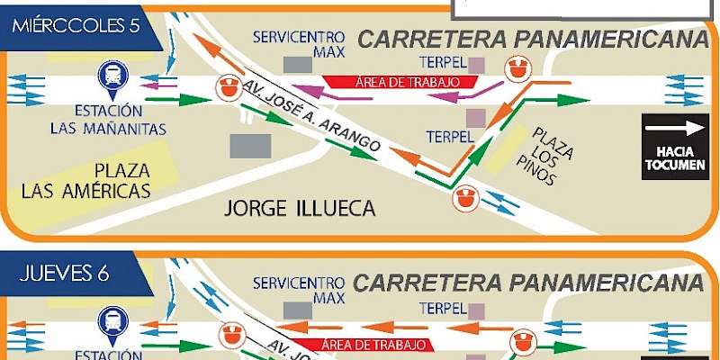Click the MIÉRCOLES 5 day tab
pyautogui.click(x=76, y=25)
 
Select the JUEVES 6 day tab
pyautogui.click(x=65, y=274)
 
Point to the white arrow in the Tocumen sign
pyautogui.click(x=675, y=128)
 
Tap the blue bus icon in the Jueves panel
pyautogui.click(x=112, y=322)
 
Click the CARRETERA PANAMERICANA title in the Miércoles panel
pyautogui.click(x=531, y=40)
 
